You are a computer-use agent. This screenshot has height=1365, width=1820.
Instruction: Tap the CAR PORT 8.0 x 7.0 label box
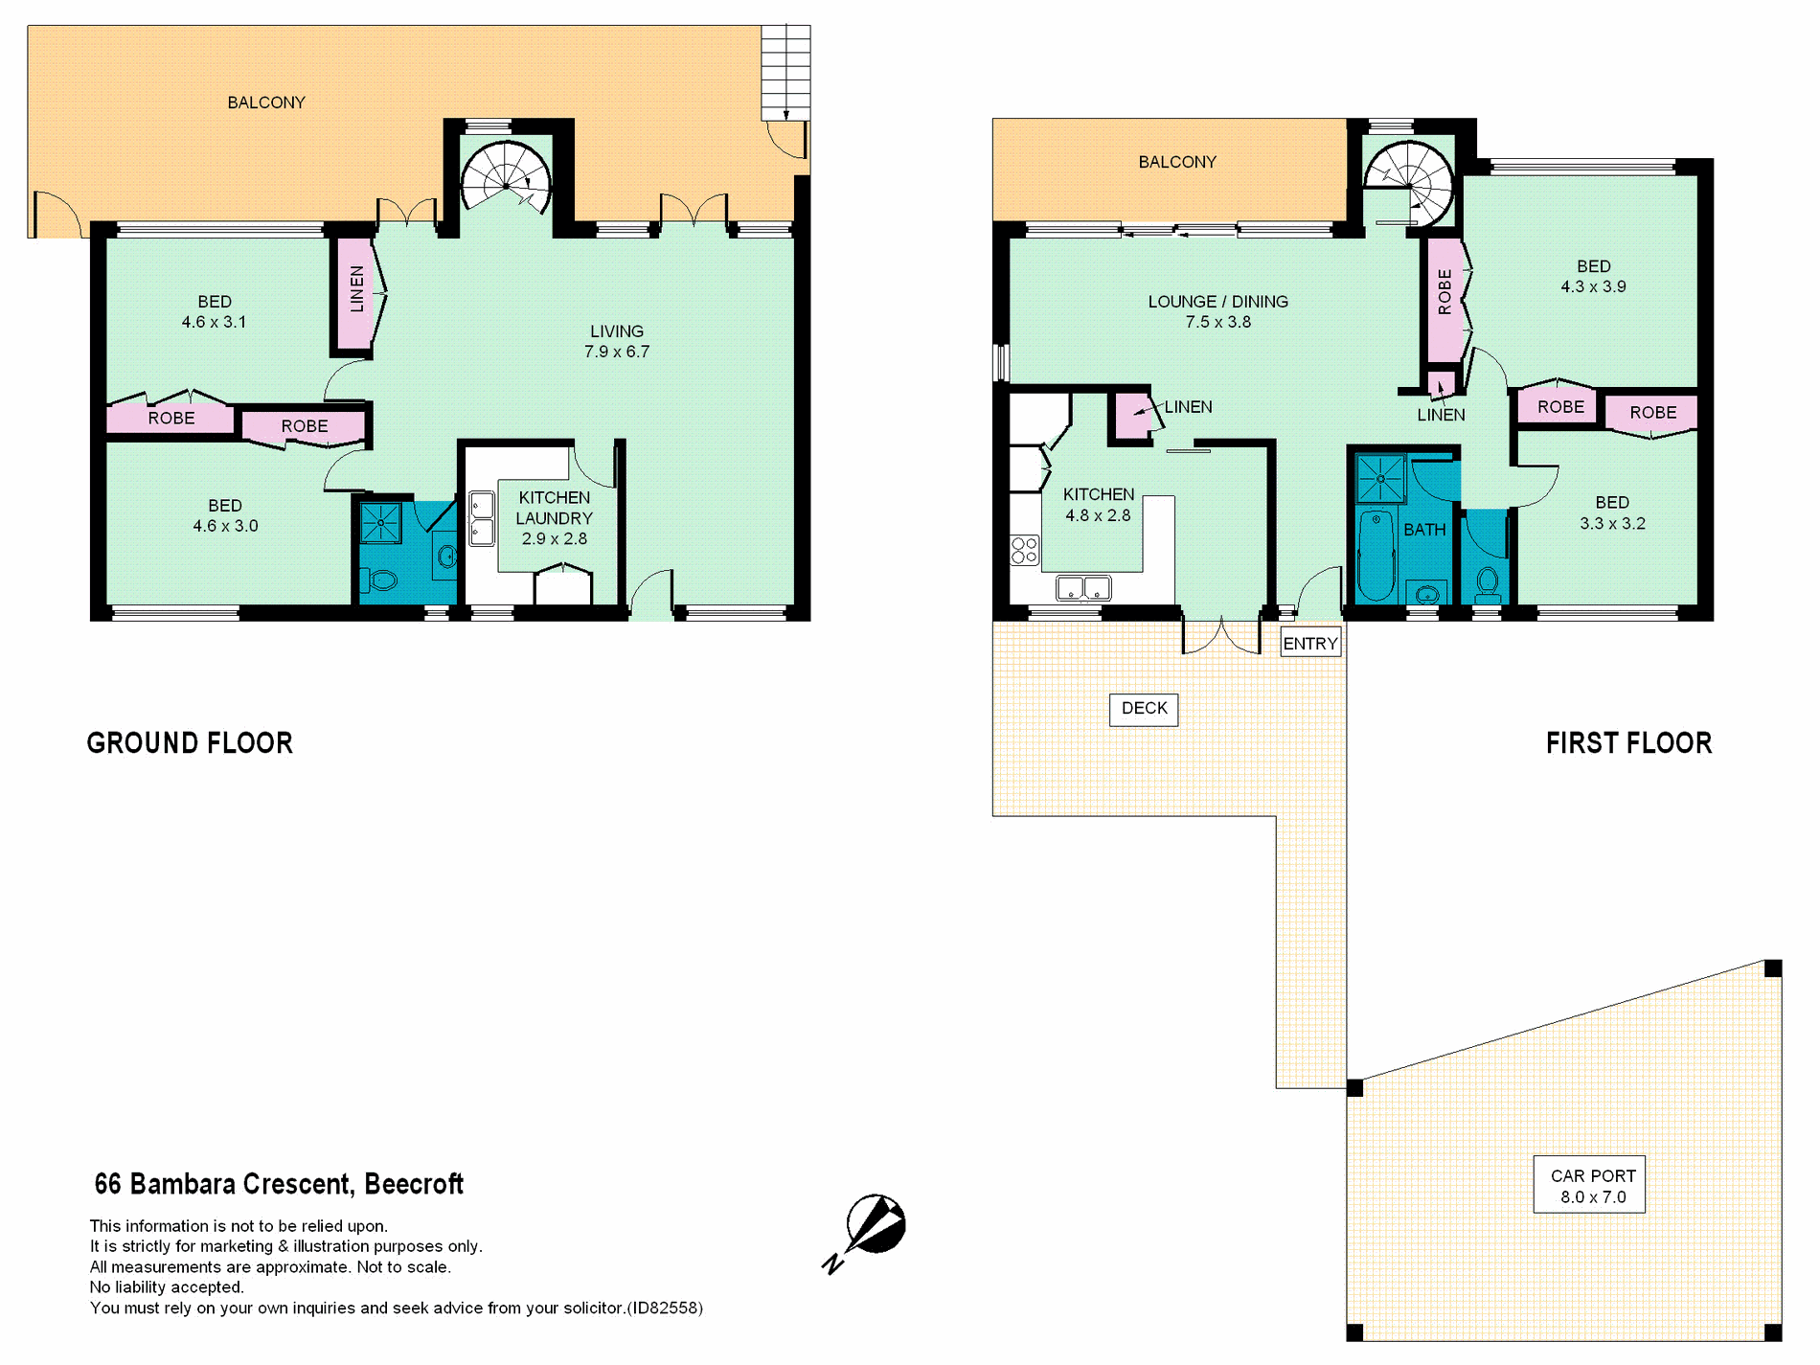(x=1589, y=1185)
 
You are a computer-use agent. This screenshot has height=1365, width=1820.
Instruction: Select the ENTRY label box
(x=1310, y=643)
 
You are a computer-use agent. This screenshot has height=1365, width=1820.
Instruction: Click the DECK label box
(x=1144, y=709)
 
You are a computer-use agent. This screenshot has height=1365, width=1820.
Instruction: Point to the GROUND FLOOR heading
(x=190, y=743)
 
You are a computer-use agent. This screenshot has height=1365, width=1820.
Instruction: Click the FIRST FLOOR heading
(x=1628, y=743)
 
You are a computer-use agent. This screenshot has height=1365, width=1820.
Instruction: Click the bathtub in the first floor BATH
(x=1376, y=556)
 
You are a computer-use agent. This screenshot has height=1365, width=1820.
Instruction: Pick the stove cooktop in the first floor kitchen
(x=1024, y=550)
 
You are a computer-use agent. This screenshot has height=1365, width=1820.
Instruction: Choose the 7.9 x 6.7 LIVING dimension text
(x=617, y=352)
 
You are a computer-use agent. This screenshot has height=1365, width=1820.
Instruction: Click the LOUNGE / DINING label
(x=1217, y=302)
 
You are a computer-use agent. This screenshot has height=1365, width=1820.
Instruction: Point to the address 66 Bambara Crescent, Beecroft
(x=279, y=1185)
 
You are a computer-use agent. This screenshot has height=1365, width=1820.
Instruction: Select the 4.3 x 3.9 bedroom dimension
(x=1593, y=286)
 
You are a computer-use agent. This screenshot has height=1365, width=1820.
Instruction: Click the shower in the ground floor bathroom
(x=380, y=523)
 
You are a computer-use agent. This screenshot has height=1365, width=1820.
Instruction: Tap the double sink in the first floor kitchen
(x=1083, y=588)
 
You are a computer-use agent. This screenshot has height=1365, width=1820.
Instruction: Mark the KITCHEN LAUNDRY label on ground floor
(x=554, y=508)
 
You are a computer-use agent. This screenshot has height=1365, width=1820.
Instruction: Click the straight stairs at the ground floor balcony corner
(x=785, y=73)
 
